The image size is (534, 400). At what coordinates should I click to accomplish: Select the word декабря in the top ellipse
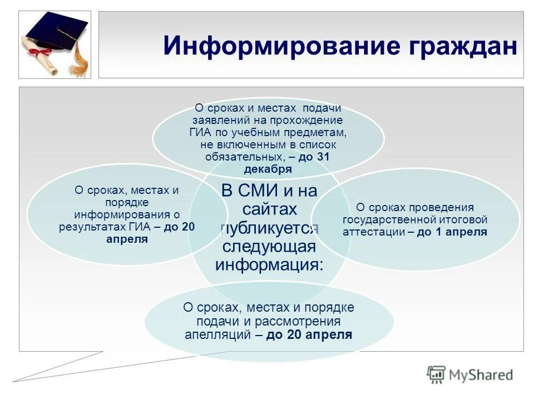point(268,169)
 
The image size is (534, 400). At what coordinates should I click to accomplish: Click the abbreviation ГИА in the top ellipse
point(200,133)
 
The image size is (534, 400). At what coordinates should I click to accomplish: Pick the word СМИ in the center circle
point(269,191)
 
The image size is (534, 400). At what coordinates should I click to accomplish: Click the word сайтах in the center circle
point(269,209)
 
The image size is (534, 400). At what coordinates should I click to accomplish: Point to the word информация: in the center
point(269,264)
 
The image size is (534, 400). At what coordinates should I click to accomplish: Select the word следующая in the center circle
point(269,246)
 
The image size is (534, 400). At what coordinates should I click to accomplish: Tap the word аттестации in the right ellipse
point(373,232)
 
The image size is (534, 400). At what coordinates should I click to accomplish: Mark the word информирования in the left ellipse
point(121,215)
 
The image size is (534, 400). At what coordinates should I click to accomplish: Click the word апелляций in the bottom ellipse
point(219,334)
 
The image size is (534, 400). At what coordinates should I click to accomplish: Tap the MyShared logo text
point(481,375)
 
